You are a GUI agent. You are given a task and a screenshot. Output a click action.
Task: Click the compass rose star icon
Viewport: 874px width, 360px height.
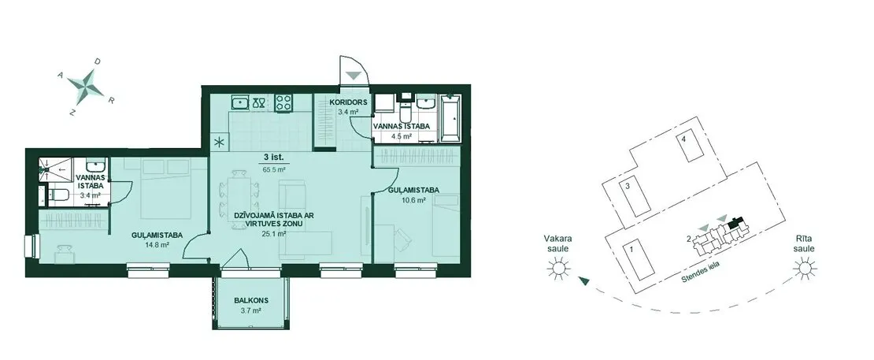click(86, 85)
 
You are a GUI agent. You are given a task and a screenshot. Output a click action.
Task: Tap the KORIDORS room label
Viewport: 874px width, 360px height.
click(348, 102)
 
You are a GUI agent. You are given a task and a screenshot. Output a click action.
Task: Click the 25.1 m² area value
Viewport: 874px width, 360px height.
click(274, 234)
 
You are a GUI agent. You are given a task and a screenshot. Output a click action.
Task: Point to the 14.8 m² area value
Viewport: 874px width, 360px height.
click(158, 244)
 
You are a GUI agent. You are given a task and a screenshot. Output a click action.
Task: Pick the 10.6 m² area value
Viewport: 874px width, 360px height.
click(414, 200)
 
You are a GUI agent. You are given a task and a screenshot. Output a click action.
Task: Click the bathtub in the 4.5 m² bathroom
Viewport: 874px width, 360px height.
click(450, 118)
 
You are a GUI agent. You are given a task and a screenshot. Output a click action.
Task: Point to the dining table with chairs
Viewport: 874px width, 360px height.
click(240, 197)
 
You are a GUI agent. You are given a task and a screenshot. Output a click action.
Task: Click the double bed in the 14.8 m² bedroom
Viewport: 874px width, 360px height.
click(166, 188)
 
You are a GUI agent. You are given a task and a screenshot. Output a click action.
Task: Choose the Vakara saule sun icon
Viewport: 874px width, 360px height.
click(558, 269)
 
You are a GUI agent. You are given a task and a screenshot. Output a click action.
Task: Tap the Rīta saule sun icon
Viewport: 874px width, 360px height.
click(805, 269)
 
